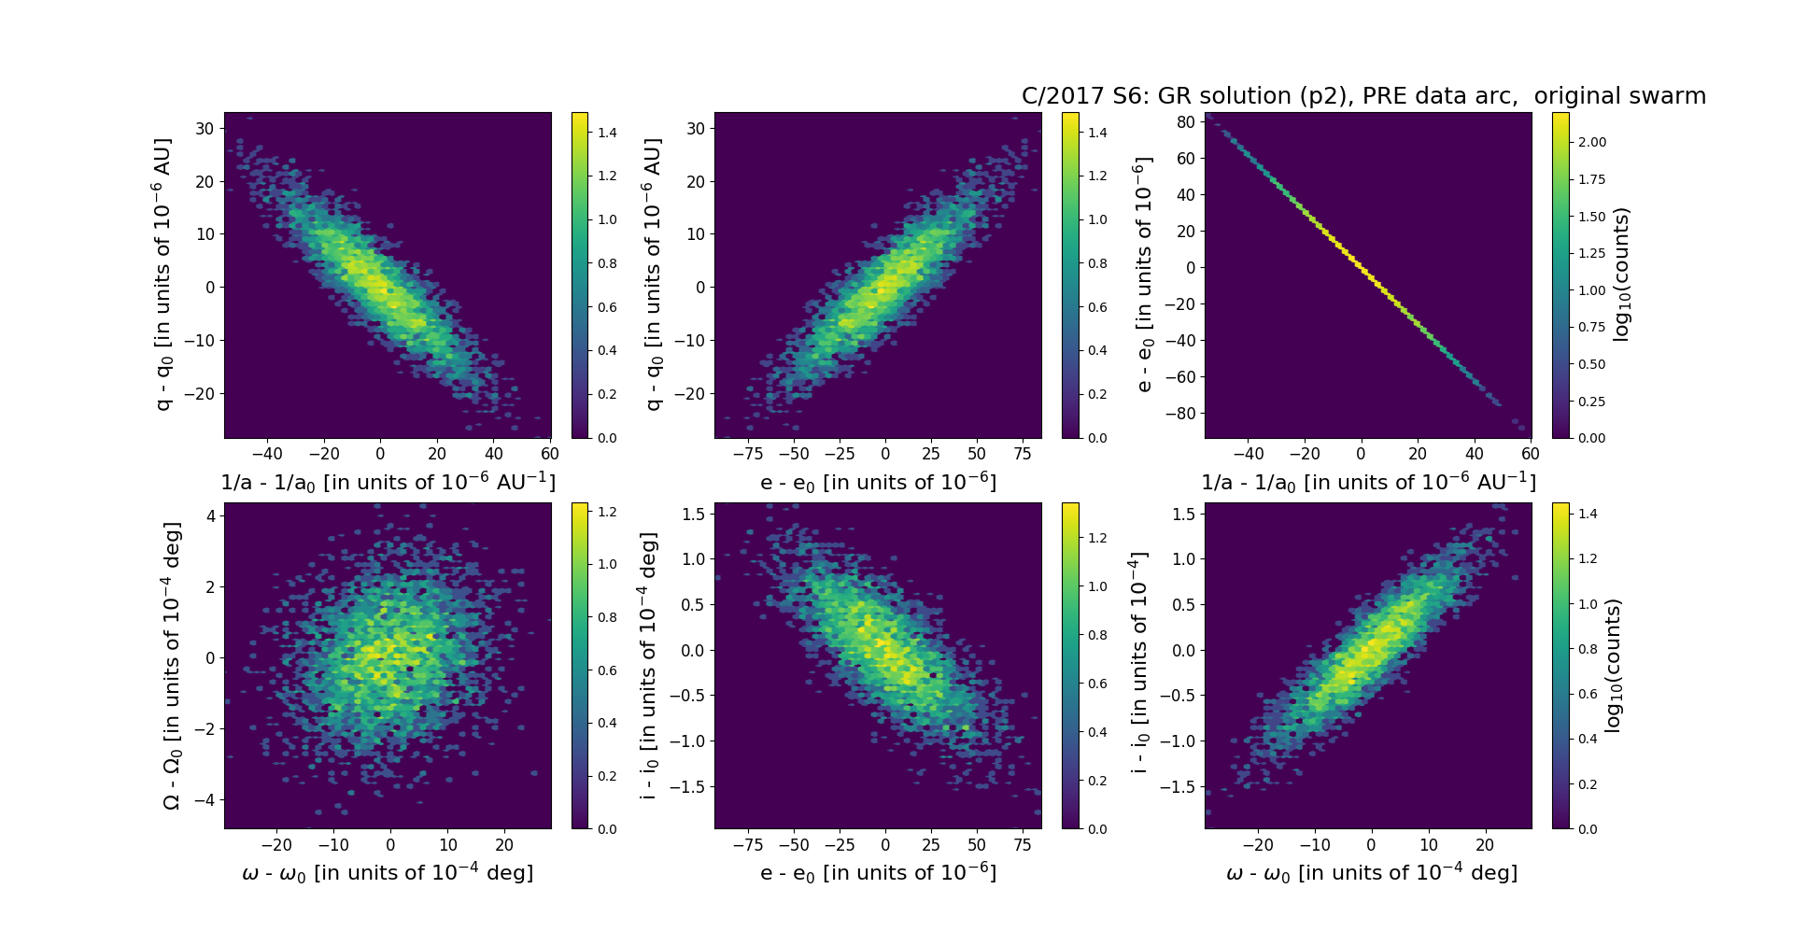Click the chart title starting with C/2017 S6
click(x=1363, y=96)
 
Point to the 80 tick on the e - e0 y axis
click(x=1185, y=121)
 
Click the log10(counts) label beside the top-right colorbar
click(x=1622, y=275)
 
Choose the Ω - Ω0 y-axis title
click(x=172, y=665)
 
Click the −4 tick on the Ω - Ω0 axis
click(x=205, y=799)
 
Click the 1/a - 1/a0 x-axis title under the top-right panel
click(x=1368, y=483)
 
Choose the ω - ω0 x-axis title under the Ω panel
click(x=388, y=873)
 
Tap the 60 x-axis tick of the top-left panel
click(x=550, y=454)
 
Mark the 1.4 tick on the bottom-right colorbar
click(x=1588, y=514)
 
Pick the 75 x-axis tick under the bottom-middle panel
click(x=1023, y=844)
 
